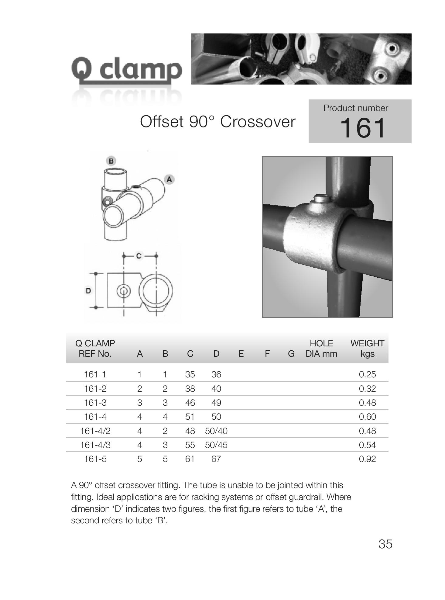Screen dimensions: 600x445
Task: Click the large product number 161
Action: point(363,128)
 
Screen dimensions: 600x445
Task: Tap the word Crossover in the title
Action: point(258,122)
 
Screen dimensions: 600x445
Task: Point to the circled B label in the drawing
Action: point(111,161)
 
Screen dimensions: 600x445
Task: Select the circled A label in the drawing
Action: point(169,179)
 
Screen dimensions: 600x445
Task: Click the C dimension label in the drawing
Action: point(139,256)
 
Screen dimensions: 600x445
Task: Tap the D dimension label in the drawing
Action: point(88,291)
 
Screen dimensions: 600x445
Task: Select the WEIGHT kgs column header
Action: point(367,349)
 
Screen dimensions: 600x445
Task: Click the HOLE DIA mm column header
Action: point(321,349)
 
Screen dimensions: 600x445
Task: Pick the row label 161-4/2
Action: point(95,431)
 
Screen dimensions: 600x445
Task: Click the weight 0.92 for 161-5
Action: point(367,459)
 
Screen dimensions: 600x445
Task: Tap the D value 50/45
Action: point(216,445)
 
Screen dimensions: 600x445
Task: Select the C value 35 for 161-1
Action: point(190,374)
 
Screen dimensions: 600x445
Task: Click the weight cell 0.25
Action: point(367,374)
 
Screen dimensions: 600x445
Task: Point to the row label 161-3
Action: point(95,403)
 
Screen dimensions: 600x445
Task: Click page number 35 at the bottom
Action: point(385,544)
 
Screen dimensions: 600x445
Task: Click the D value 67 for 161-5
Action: point(216,459)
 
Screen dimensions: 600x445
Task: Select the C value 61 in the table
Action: point(190,459)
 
